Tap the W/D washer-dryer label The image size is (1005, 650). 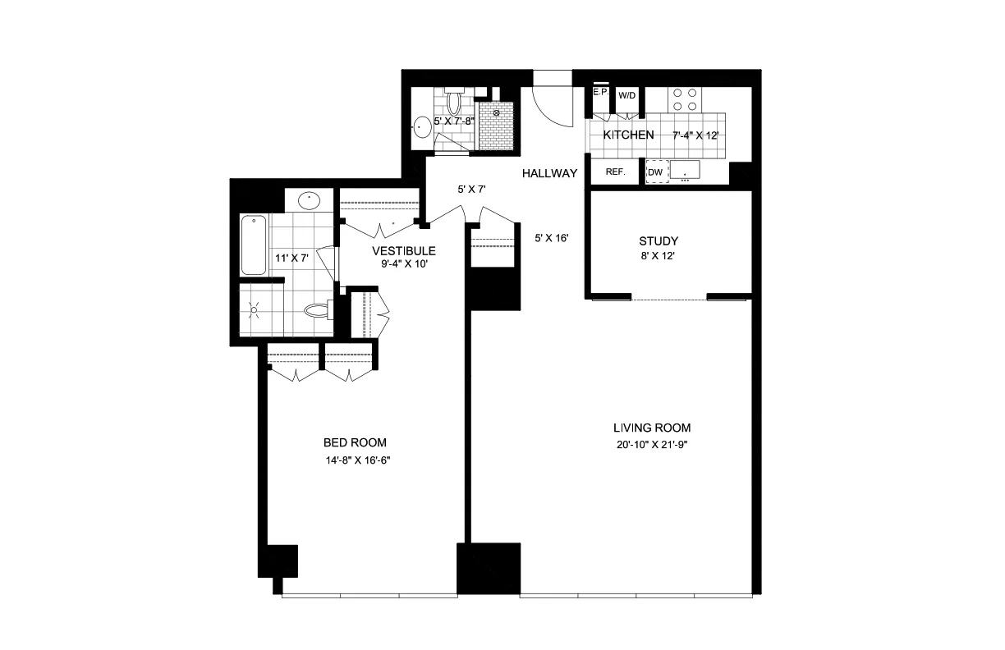(x=626, y=95)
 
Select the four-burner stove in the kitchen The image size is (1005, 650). (x=686, y=99)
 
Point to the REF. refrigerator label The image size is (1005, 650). (x=615, y=172)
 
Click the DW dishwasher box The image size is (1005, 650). (x=655, y=172)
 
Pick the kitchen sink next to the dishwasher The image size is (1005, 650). (x=684, y=171)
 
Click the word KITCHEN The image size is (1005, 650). (x=628, y=135)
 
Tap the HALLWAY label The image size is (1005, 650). (x=550, y=173)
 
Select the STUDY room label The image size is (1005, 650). (x=659, y=241)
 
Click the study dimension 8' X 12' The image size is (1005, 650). (x=659, y=256)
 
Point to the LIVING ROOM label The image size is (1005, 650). (x=652, y=428)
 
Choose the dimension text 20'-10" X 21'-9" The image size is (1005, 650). (x=652, y=444)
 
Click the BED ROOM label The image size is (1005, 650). (x=356, y=442)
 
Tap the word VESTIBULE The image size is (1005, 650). (x=403, y=250)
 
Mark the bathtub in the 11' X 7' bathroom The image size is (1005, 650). (x=253, y=245)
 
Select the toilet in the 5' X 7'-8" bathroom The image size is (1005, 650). (x=454, y=103)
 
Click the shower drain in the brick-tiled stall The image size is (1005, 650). (x=496, y=112)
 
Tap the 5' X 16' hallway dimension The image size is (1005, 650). (x=552, y=239)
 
